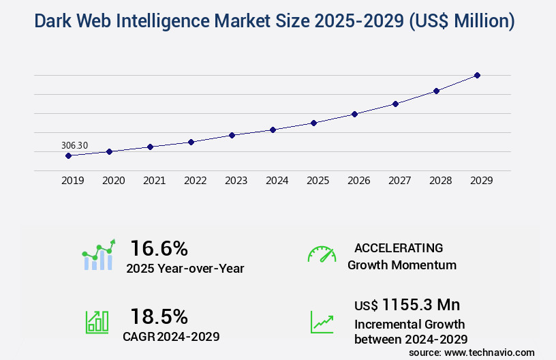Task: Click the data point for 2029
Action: pyautogui.click(x=477, y=75)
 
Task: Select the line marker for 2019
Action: pyautogui.click(x=68, y=155)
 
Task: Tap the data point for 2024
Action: pyautogui.click(x=273, y=130)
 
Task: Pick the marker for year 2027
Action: pyautogui.click(x=395, y=104)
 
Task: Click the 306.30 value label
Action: pyautogui.click(x=74, y=145)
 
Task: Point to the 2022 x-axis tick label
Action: pyautogui.click(x=195, y=181)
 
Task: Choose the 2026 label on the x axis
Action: pyautogui.click(x=358, y=181)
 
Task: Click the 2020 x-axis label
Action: pyautogui.click(x=113, y=181)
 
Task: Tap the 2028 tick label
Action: pyautogui.click(x=440, y=181)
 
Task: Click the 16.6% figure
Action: pyautogui.click(x=159, y=248)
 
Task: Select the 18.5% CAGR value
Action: pyautogui.click(x=159, y=316)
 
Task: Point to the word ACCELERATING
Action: pyautogui.click(x=399, y=247)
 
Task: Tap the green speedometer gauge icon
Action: pyautogui.click(x=322, y=254)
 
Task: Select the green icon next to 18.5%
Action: pyautogui.click(x=97, y=322)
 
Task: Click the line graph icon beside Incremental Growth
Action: pyautogui.click(x=322, y=322)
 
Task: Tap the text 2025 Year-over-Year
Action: pyautogui.click(x=185, y=269)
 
